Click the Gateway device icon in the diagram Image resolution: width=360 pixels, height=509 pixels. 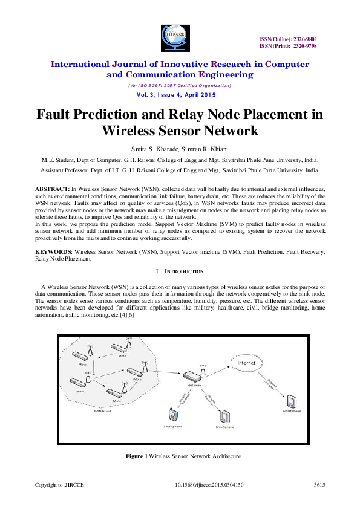194,376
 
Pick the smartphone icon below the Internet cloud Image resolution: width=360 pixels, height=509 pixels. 290,400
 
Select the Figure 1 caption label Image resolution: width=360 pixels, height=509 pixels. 136,456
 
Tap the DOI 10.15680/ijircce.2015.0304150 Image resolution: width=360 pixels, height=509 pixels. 209,485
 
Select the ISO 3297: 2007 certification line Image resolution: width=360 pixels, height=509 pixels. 180,85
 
